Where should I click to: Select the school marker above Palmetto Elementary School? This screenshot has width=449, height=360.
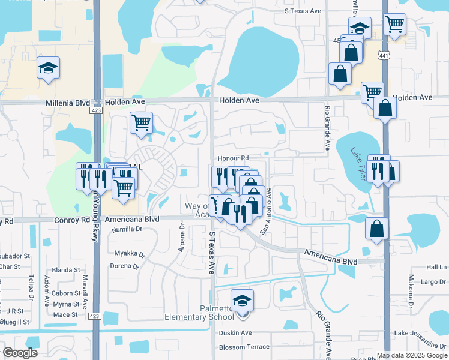[242, 300]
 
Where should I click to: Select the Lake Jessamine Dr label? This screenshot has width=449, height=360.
[420, 333]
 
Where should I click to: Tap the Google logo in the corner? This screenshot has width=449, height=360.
[20, 353]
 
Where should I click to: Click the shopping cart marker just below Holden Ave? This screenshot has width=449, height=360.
[141, 123]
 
